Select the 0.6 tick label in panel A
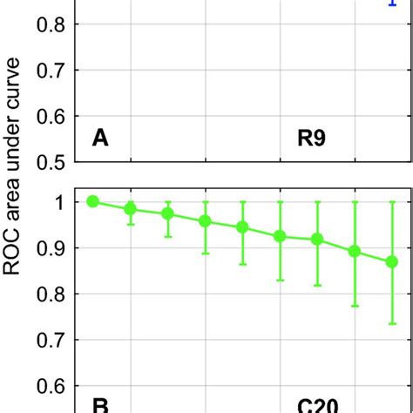tap(50, 116)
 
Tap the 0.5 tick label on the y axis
tap(50, 161)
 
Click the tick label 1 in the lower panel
tap(59, 202)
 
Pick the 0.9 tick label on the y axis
tap(50, 247)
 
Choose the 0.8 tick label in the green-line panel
tap(50, 293)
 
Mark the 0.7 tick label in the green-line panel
tap(50, 338)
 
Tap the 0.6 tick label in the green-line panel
tap(50, 384)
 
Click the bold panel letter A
tap(100, 139)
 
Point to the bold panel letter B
tap(100, 405)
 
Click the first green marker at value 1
tap(93, 201)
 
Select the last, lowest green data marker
tap(391, 261)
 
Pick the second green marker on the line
tap(131, 209)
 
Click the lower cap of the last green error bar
tap(391, 324)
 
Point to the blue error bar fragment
tap(391, 3)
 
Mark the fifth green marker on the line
tap(243, 227)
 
